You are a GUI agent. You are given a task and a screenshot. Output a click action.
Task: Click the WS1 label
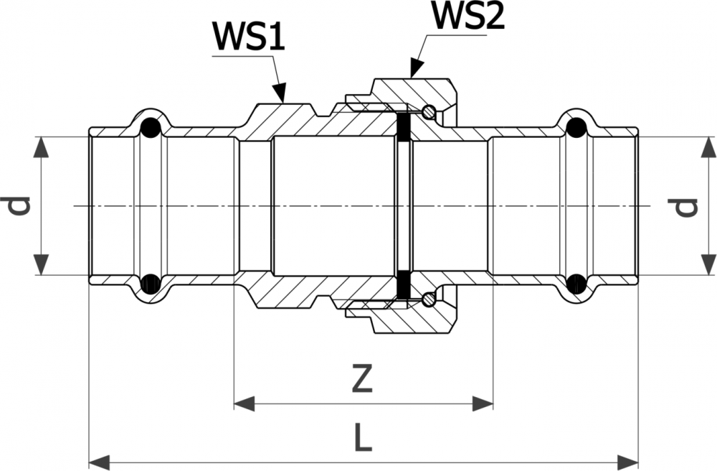[248, 36]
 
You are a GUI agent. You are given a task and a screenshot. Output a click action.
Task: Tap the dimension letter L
[364, 437]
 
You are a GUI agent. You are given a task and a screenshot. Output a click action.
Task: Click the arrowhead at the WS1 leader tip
[280, 93]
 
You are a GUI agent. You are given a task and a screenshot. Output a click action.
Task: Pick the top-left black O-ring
[149, 128]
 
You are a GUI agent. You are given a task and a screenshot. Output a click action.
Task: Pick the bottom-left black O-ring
[149, 284]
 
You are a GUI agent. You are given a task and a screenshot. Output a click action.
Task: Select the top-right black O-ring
[575, 128]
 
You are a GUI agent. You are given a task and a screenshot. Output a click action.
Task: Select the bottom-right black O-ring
[575, 284]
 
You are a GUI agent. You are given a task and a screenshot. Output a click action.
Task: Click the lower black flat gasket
[403, 284]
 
